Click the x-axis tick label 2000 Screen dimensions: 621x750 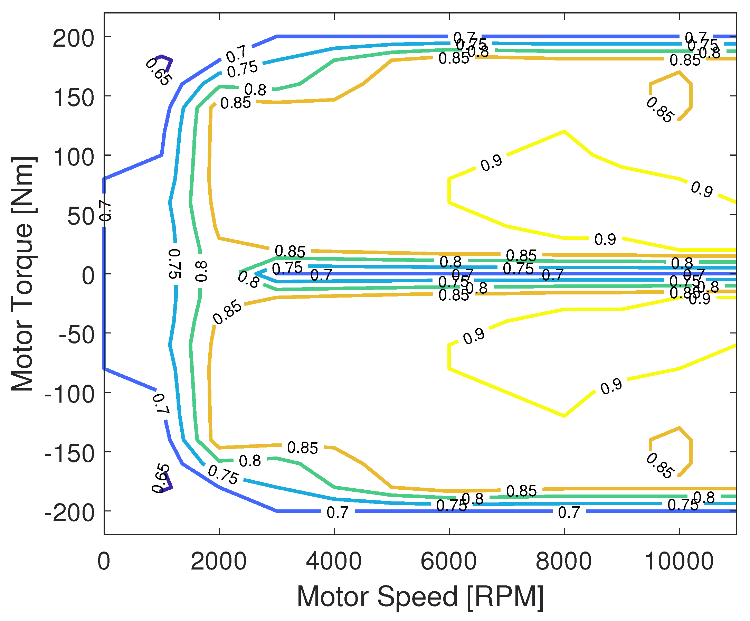coord(219,561)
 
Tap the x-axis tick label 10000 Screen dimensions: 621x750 coord(678,561)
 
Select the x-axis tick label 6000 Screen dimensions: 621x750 coord(448,561)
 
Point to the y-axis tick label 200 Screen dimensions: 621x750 coord(73,39)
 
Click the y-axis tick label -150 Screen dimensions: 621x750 coord(69,454)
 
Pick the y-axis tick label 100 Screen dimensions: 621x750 coord(73,157)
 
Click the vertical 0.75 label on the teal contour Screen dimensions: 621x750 coord(174,264)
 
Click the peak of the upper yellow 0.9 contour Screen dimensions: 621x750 coord(564,131)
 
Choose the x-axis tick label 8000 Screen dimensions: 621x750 coord(563,561)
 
